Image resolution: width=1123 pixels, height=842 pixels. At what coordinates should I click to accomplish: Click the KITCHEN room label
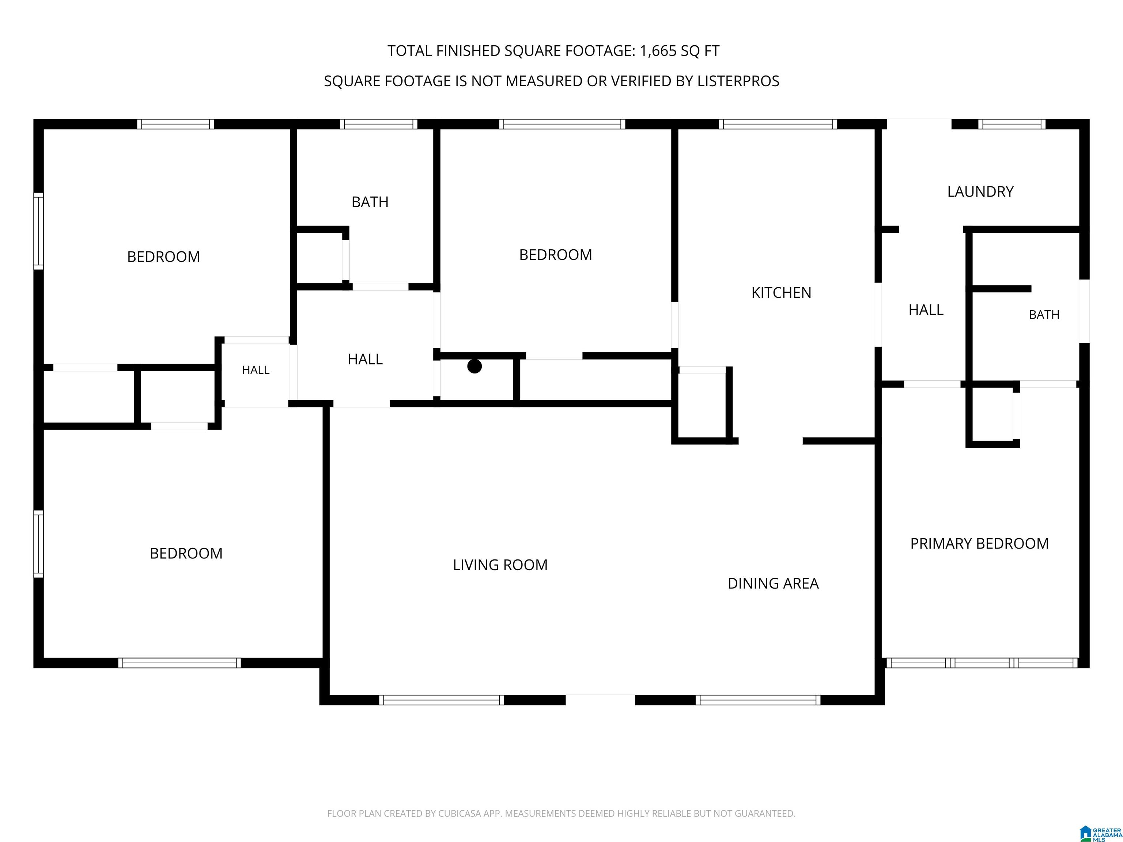(x=781, y=293)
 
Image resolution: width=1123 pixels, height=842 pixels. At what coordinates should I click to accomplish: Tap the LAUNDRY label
(x=980, y=192)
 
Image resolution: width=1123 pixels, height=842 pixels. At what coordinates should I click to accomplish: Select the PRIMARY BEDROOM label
(x=979, y=543)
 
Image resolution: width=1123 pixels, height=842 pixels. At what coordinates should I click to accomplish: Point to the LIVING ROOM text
(x=500, y=565)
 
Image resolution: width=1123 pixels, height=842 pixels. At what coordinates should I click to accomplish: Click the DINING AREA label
(x=773, y=584)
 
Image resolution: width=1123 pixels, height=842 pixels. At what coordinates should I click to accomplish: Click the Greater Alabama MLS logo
(x=1100, y=833)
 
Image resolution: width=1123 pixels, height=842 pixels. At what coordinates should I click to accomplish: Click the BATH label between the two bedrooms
(x=370, y=202)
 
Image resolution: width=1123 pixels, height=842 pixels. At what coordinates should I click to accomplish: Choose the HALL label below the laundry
(x=926, y=310)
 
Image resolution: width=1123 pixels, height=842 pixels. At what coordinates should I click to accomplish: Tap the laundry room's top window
(x=1012, y=124)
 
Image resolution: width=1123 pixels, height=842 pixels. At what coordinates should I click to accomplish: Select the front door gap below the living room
(x=600, y=700)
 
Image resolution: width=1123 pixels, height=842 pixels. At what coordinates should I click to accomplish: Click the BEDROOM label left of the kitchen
(x=555, y=255)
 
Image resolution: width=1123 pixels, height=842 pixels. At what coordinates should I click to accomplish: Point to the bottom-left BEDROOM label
(x=186, y=553)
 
